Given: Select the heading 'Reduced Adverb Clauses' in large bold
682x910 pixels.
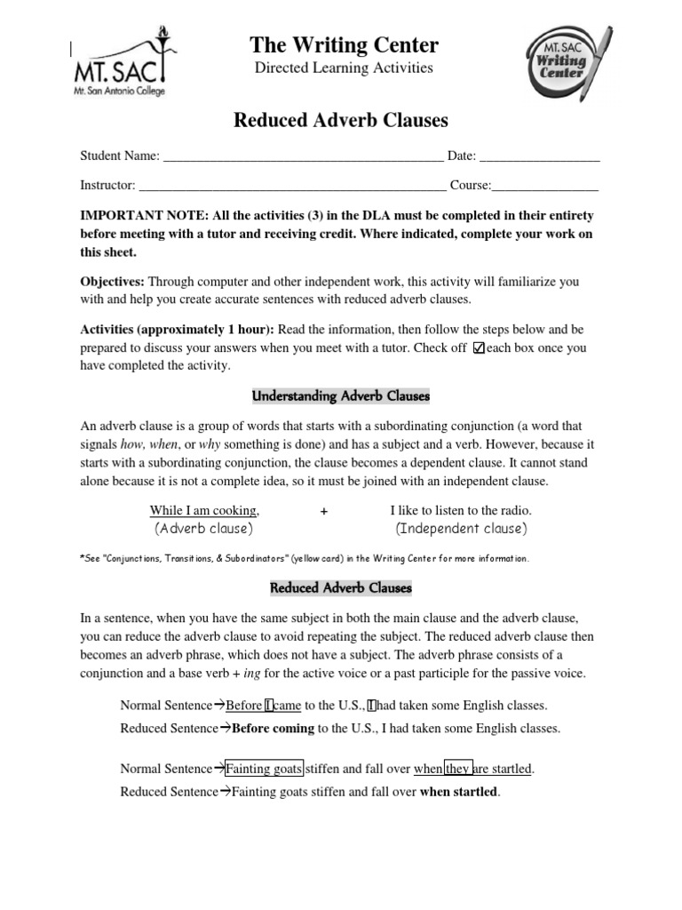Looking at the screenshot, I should (x=341, y=120).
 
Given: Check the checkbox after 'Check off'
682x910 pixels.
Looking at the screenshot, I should (x=480, y=347).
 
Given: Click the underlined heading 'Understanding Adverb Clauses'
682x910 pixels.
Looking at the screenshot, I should (x=342, y=395).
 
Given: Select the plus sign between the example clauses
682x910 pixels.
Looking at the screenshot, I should (x=324, y=511).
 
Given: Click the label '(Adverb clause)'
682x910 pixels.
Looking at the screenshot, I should (x=204, y=529).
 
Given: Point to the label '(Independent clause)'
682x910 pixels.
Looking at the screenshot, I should (x=461, y=529).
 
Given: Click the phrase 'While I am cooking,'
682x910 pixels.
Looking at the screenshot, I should (x=204, y=511).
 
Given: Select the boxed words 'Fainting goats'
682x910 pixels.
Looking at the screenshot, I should (x=265, y=768).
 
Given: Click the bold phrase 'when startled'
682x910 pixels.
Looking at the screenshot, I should (x=458, y=791).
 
